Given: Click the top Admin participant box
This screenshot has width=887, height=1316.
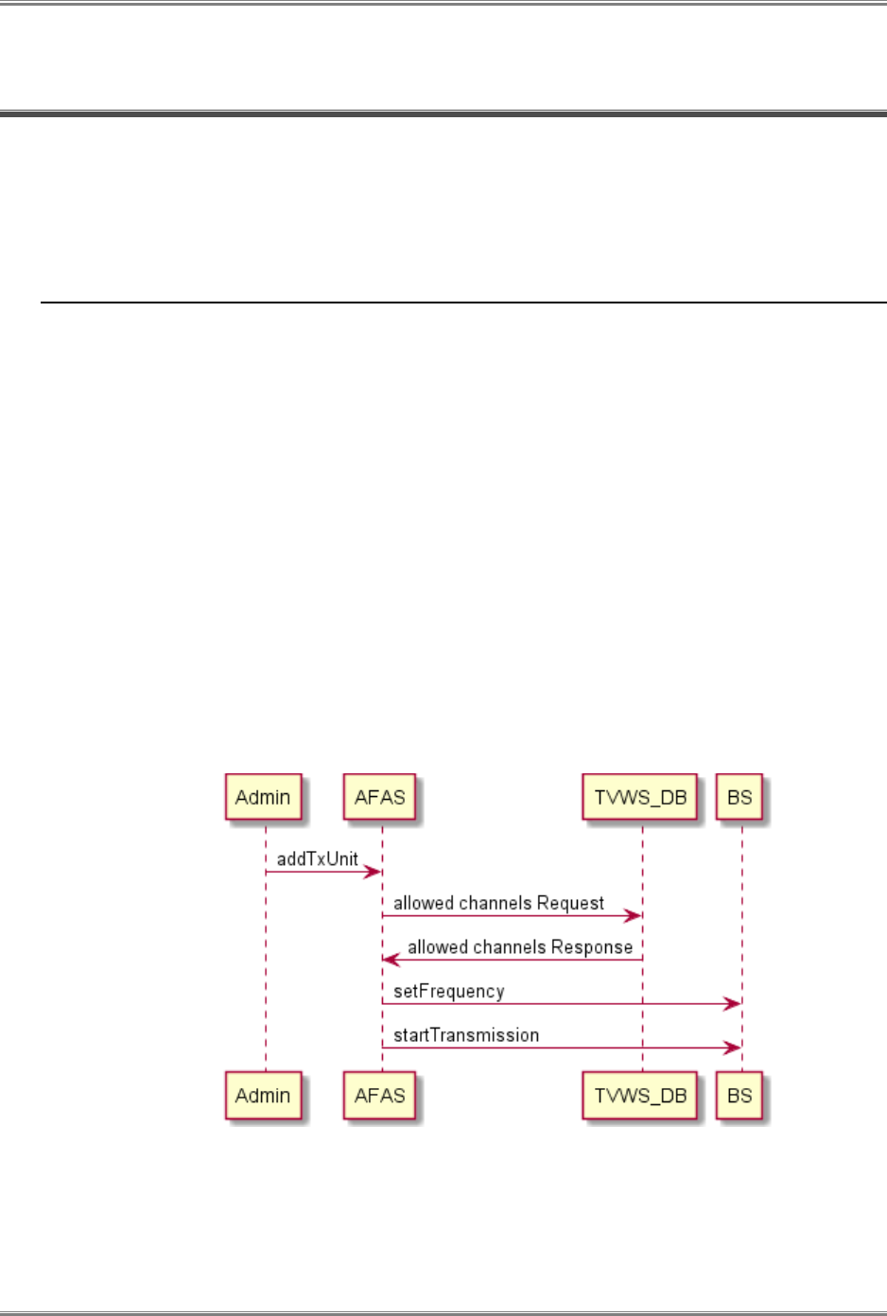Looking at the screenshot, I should (263, 797).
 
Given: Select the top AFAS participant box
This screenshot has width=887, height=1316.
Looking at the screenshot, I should (379, 797).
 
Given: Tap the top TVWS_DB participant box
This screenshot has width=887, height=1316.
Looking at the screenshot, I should (640, 797).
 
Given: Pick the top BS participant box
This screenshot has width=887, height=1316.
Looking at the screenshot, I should (739, 797).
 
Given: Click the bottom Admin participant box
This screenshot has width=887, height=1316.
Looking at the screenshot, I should (263, 1095).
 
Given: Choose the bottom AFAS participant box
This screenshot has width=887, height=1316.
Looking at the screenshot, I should (379, 1095).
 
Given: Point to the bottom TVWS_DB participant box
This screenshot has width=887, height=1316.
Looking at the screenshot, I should (640, 1095).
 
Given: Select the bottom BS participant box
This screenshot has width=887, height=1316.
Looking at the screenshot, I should (739, 1095).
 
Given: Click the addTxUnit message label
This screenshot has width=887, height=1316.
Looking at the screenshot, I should (318, 858).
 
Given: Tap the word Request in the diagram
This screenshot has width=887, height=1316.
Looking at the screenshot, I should (570, 903).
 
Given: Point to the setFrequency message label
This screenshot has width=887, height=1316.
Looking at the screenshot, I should (449, 991).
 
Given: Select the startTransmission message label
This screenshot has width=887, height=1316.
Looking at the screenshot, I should (466, 1035).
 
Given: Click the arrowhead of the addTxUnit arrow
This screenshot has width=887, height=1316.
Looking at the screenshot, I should (374, 872).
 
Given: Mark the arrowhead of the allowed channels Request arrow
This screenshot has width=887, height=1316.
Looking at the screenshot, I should (634, 915).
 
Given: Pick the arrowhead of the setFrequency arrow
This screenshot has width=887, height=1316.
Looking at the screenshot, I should (732, 1004).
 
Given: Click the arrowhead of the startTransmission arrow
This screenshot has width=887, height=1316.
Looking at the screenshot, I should (732, 1048).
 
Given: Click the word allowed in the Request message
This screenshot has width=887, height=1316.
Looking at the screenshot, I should (424, 903).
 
